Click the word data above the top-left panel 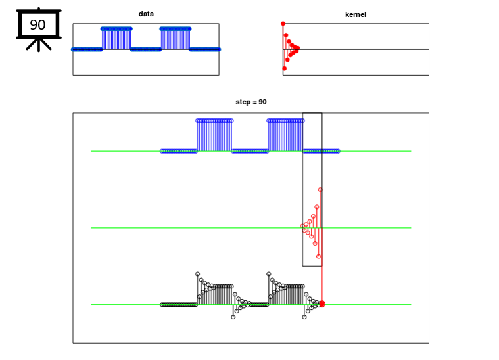(146, 14)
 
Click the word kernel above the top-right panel (356, 14)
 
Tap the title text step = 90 (251, 102)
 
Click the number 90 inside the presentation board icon (38, 26)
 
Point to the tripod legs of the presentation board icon (38, 45)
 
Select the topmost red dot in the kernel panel (283, 24)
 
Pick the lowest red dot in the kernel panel (285, 68)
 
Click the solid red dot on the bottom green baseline (321, 304)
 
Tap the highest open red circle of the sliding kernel (320, 190)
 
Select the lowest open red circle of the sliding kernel (318, 256)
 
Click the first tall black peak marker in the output (197, 274)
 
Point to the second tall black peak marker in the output (268, 274)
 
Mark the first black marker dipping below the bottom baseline (233, 317)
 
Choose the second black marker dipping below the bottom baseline (304, 317)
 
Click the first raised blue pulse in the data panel (116, 38)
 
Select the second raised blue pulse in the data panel (175, 38)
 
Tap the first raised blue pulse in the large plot (214, 135)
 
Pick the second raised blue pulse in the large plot (285, 135)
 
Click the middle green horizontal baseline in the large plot (197, 228)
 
